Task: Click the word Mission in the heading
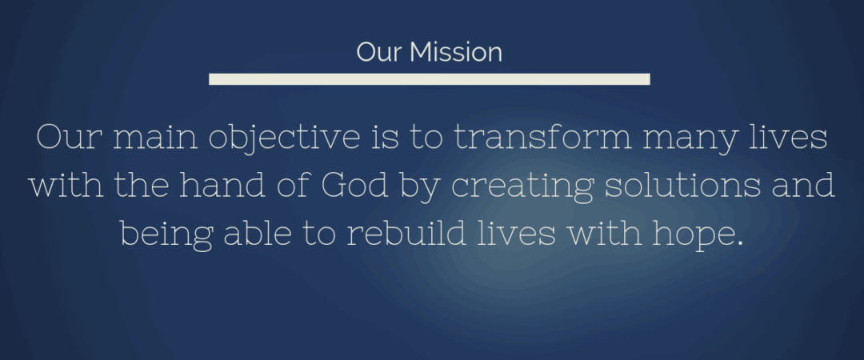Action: click(456, 53)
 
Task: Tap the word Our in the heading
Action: click(380, 53)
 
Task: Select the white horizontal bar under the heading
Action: click(429, 78)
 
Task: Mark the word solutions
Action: click(685, 186)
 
